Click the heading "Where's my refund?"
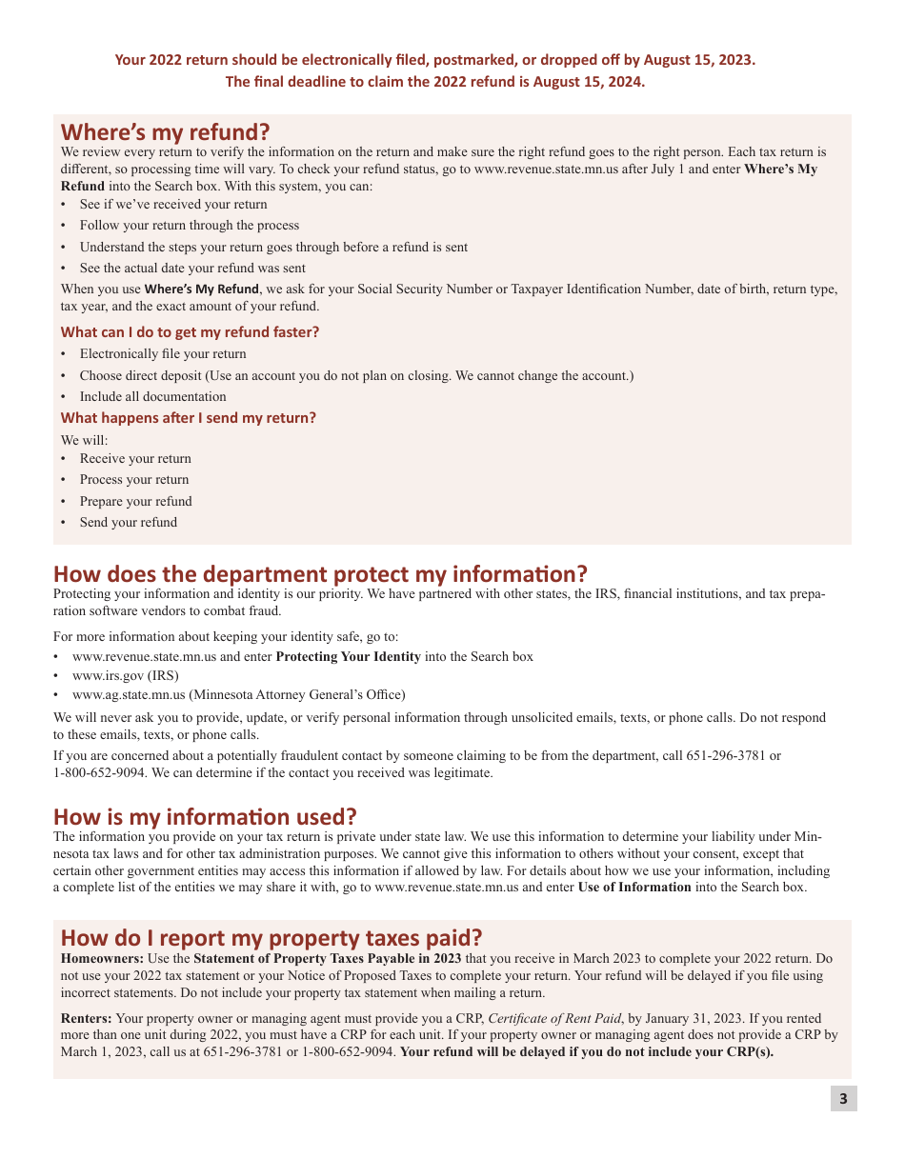pyautogui.click(x=165, y=130)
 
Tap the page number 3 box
pyautogui.click(x=842, y=1099)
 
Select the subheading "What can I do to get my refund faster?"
pyautogui.click(x=190, y=332)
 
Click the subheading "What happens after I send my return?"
pyautogui.click(x=188, y=418)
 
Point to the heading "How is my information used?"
pyautogui.click(x=205, y=817)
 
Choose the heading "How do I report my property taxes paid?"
pyautogui.click(x=271, y=938)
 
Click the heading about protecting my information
pyautogui.click(x=320, y=574)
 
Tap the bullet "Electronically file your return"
pyautogui.click(x=162, y=354)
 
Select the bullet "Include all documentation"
pyautogui.click(x=152, y=397)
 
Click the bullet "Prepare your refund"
pyautogui.click(x=135, y=502)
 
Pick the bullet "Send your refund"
pyautogui.click(x=128, y=523)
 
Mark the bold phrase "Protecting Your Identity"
pyautogui.click(x=348, y=657)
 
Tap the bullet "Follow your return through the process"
pyautogui.click(x=189, y=226)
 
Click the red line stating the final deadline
pyautogui.click(x=435, y=82)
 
